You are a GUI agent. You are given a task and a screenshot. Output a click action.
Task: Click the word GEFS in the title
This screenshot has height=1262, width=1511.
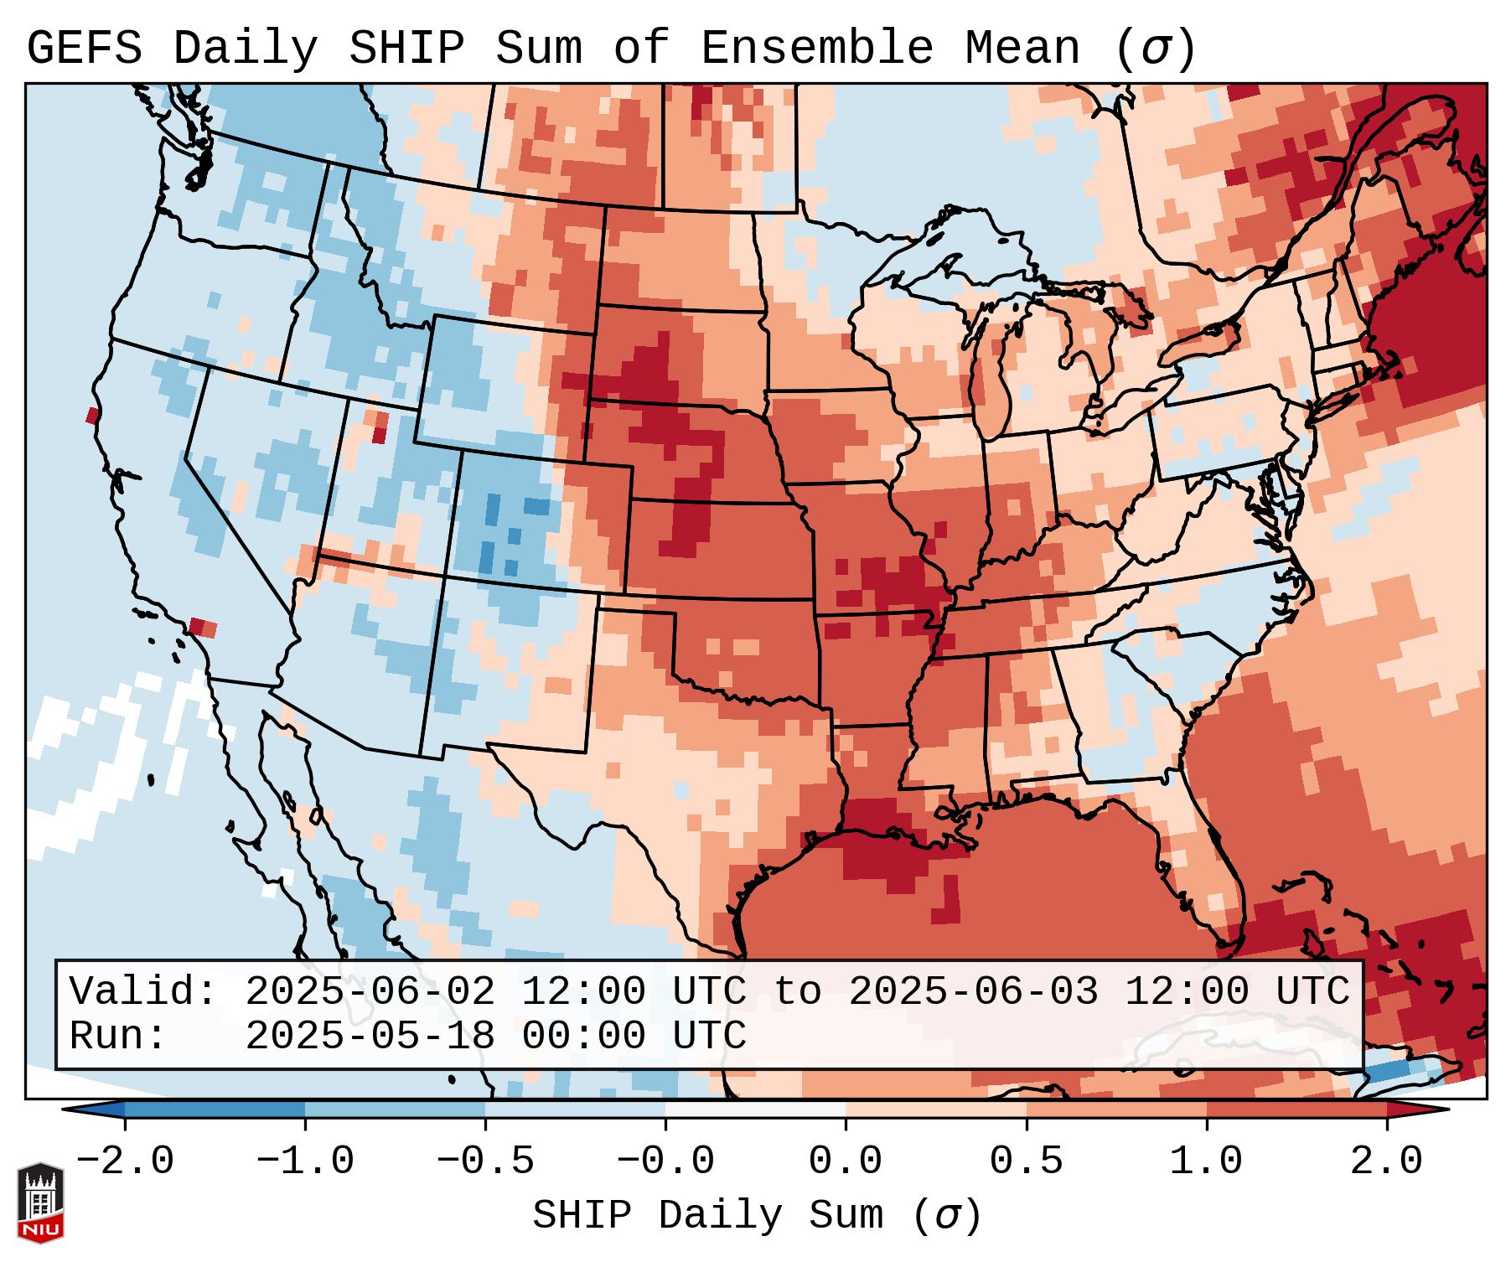84,49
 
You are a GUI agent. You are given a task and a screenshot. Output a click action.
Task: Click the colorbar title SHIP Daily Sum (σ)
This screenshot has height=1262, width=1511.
756,1215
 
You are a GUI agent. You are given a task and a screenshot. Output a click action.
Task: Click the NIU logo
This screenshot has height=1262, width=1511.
40,1203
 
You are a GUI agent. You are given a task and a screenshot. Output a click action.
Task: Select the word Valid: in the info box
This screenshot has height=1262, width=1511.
143,991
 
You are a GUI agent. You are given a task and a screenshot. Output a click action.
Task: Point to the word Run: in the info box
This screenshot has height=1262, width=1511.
118,1036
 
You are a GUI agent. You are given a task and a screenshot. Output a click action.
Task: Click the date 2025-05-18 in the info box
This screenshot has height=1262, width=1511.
370,1036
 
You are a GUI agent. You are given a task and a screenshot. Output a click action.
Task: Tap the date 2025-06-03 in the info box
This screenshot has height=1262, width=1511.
973,991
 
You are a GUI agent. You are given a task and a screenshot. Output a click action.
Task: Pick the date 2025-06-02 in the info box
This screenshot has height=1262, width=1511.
370,991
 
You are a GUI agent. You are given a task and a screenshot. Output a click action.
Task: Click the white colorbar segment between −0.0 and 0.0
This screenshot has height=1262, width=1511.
755,1109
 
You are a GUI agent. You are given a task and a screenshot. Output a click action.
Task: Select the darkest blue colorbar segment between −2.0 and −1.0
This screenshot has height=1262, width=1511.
215,1109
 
